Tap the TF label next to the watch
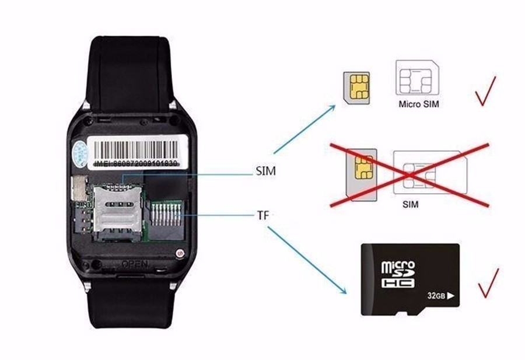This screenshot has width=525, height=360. click(x=263, y=215)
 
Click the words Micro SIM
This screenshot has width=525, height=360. click(x=418, y=104)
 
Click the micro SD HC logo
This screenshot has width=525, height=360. click(x=398, y=275)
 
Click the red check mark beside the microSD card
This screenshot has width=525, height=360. click(x=488, y=282)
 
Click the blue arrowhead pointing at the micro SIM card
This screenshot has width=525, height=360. click(x=333, y=107)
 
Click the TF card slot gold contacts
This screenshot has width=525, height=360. click(x=169, y=219)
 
